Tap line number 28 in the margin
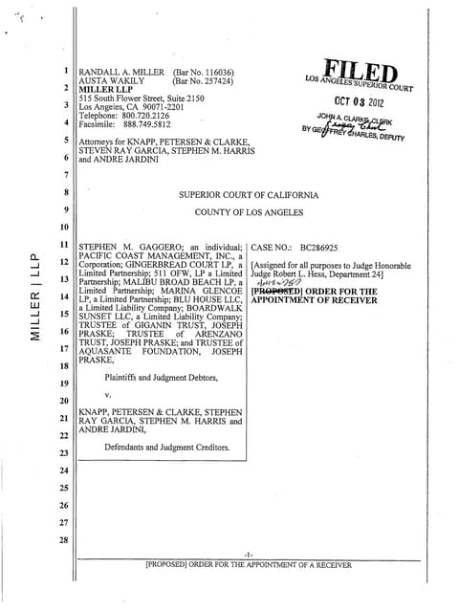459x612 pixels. click(x=64, y=542)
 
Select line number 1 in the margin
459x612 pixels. click(x=64, y=71)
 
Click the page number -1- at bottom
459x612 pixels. click(x=248, y=555)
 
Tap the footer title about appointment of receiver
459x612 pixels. click(x=248, y=565)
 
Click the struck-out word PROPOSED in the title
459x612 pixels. click(x=272, y=289)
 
